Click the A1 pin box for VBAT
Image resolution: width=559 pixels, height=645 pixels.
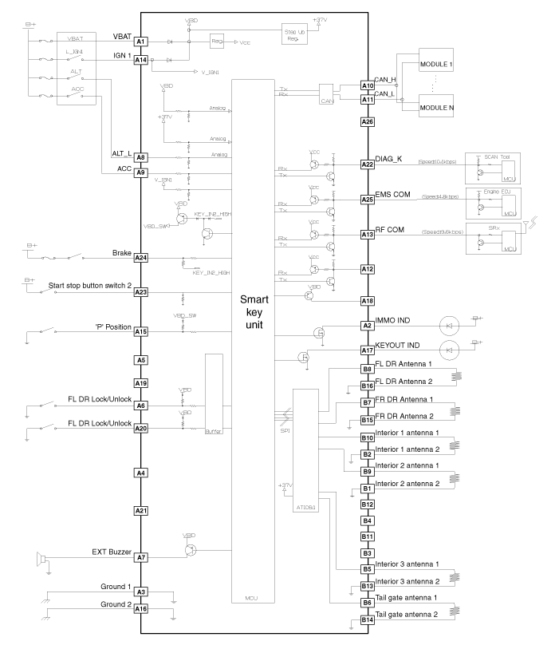(140, 41)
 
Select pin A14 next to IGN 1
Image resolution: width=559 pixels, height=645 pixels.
(140, 59)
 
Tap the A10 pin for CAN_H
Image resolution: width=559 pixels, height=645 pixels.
(367, 85)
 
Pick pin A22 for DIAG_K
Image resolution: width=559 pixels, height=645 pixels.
(367, 164)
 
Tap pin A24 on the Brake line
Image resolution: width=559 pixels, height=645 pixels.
(140, 258)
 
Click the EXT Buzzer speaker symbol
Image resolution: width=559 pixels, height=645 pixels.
(44, 556)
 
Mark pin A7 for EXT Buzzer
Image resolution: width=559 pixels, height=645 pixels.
(140, 556)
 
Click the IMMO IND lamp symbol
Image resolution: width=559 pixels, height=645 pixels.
(450, 325)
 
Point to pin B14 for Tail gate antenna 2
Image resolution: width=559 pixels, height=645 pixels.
(367, 619)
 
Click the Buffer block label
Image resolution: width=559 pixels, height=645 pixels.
(213, 431)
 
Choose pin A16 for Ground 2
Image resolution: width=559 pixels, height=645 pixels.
(140, 608)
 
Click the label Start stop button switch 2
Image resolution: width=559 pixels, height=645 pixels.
(89, 286)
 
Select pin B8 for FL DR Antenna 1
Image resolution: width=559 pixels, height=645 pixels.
(367, 370)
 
